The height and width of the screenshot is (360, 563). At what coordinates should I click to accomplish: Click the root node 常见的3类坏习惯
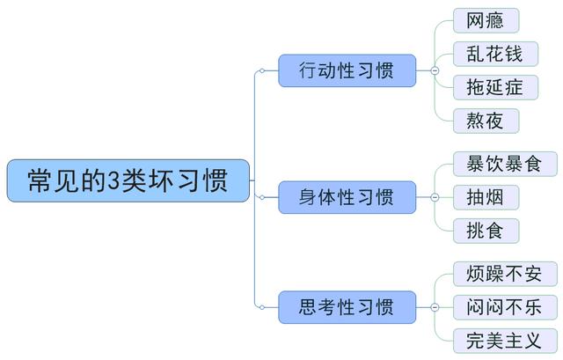128,180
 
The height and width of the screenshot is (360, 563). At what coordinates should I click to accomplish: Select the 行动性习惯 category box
347,70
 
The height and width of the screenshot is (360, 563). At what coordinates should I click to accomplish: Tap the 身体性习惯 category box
347,196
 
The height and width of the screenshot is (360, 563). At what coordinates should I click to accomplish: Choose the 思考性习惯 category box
347,307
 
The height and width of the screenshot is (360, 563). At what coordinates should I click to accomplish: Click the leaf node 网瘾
485,20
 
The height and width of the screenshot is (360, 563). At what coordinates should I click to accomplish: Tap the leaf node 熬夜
485,120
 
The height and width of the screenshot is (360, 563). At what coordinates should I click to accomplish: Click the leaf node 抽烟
485,196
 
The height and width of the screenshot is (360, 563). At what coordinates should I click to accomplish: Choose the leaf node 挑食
485,230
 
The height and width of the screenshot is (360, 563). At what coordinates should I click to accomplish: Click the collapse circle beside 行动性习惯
434,70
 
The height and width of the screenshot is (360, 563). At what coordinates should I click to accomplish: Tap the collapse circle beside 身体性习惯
434,196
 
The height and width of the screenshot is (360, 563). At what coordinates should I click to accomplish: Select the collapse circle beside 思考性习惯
434,307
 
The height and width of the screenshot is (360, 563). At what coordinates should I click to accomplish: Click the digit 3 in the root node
113,180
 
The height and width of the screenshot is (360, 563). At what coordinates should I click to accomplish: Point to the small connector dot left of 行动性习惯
260,70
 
